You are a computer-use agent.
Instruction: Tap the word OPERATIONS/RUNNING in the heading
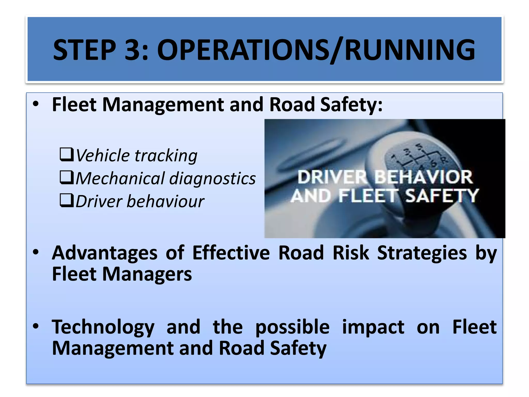tap(316, 50)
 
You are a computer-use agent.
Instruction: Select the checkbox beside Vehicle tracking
tap(67, 155)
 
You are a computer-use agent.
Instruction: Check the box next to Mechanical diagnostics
tap(67, 178)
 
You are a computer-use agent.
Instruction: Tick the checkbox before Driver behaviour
tap(67, 201)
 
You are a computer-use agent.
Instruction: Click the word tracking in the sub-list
tap(166, 156)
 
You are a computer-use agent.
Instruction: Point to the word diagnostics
tap(212, 179)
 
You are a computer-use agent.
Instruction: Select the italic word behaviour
tap(165, 202)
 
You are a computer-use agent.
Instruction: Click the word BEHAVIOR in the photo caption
tap(423, 177)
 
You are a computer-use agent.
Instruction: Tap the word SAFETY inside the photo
tap(442, 196)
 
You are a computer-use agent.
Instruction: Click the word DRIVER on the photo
tap(332, 177)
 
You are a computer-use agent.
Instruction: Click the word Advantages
tap(105, 253)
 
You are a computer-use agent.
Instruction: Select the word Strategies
tap(422, 253)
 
